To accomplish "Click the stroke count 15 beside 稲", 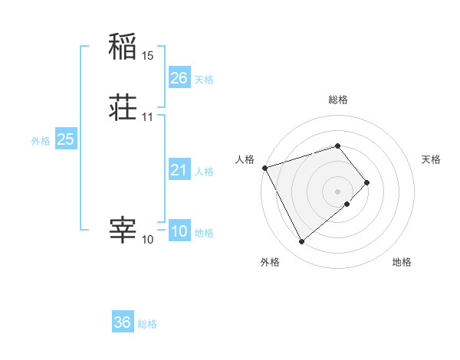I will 148,57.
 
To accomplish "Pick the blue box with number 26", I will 179,78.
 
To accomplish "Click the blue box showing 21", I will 179,170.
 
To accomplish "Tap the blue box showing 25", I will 66,139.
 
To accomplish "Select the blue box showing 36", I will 123,322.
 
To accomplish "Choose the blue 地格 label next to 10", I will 204,233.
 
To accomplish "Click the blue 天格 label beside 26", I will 204,80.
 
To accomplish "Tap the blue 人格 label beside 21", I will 204,172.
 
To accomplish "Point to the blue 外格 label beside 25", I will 41,141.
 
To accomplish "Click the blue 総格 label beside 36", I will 147,324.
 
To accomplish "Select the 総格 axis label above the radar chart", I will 338,100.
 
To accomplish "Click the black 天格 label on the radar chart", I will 432,159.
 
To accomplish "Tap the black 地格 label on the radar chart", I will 402,262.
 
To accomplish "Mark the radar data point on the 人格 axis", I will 264,167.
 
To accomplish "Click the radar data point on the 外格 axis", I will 301,242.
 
